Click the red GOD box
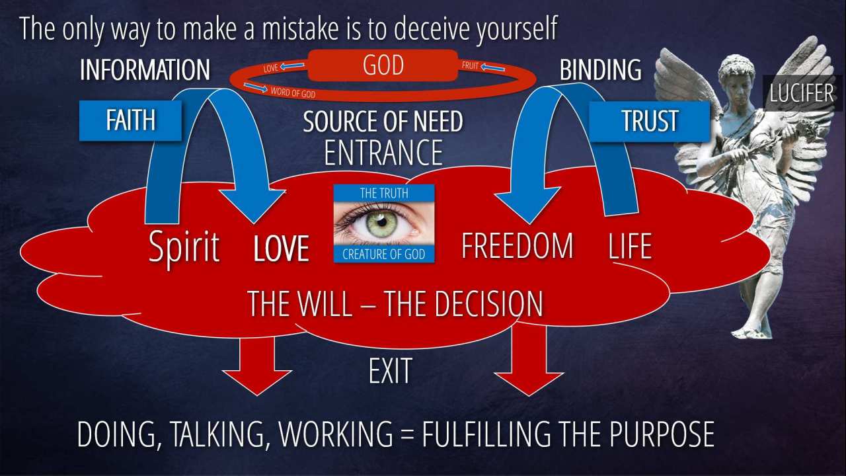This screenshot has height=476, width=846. (x=383, y=65)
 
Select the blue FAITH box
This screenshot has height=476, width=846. (x=130, y=120)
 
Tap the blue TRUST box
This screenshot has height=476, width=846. (x=649, y=121)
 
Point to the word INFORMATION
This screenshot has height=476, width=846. (x=145, y=69)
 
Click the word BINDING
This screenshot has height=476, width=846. (x=601, y=69)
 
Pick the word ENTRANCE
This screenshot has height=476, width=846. (x=383, y=152)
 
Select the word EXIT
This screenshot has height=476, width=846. (x=390, y=371)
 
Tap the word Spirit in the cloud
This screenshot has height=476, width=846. (x=184, y=247)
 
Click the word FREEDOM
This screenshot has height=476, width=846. (x=517, y=246)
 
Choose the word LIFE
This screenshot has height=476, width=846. (x=630, y=246)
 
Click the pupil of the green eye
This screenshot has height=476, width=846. (x=382, y=222)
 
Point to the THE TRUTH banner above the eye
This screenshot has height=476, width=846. (x=384, y=193)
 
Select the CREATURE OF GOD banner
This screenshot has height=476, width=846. (x=384, y=254)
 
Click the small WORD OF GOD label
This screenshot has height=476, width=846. (x=293, y=92)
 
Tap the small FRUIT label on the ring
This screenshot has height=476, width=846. (x=470, y=65)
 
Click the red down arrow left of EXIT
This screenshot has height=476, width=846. (x=257, y=364)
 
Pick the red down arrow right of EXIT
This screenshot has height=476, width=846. (x=529, y=361)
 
